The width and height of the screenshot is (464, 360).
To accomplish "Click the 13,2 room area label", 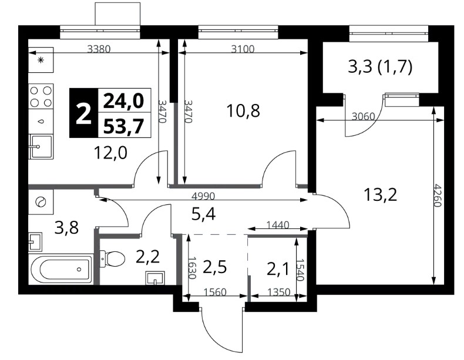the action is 380,196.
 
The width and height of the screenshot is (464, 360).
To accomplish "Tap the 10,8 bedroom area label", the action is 243,111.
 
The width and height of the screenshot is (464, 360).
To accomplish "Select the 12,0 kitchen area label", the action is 110,153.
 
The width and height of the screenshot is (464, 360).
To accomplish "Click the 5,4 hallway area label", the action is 203,214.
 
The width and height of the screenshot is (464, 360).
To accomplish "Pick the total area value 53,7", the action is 124,126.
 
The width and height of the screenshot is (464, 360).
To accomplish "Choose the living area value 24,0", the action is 124,100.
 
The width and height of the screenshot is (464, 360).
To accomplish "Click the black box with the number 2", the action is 84,113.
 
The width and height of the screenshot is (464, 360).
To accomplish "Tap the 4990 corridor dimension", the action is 203,196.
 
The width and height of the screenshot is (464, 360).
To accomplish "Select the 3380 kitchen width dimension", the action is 99,49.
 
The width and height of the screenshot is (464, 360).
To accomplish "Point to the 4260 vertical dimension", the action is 438,196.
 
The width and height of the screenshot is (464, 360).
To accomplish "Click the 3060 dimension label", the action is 364,116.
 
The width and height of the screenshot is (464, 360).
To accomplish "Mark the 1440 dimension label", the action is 278,226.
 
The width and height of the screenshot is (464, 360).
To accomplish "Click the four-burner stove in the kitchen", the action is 41,96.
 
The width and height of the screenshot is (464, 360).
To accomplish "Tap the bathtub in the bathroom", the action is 61,269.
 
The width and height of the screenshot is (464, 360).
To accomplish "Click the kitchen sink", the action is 41,147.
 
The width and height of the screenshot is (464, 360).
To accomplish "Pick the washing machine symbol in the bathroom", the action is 41,202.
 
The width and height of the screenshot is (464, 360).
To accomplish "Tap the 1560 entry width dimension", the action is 215,292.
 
